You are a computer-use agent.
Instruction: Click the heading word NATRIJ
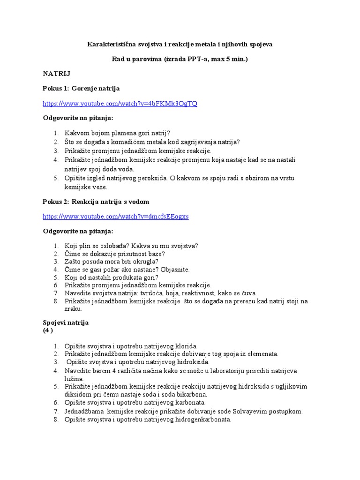pyautogui.click(x=57, y=74)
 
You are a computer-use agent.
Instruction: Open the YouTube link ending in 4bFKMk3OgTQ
pyautogui.click(x=120, y=103)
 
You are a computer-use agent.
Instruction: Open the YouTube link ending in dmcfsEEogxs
pyautogui.click(x=115, y=216)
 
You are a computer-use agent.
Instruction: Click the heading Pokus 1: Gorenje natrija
pyautogui.click(x=81, y=88)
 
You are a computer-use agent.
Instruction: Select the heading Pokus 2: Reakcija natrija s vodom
pyautogui.click(x=96, y=202)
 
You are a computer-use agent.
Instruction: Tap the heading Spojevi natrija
pyautogui.click(x=66, y=322)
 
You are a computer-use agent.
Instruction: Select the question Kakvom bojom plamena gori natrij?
pyautogui.click(x=117, y=133)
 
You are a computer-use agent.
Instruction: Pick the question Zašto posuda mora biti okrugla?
pyautogui.click(x=112, y=261)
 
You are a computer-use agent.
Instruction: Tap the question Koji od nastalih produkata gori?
pyautogui.click(x=112, y=277)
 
